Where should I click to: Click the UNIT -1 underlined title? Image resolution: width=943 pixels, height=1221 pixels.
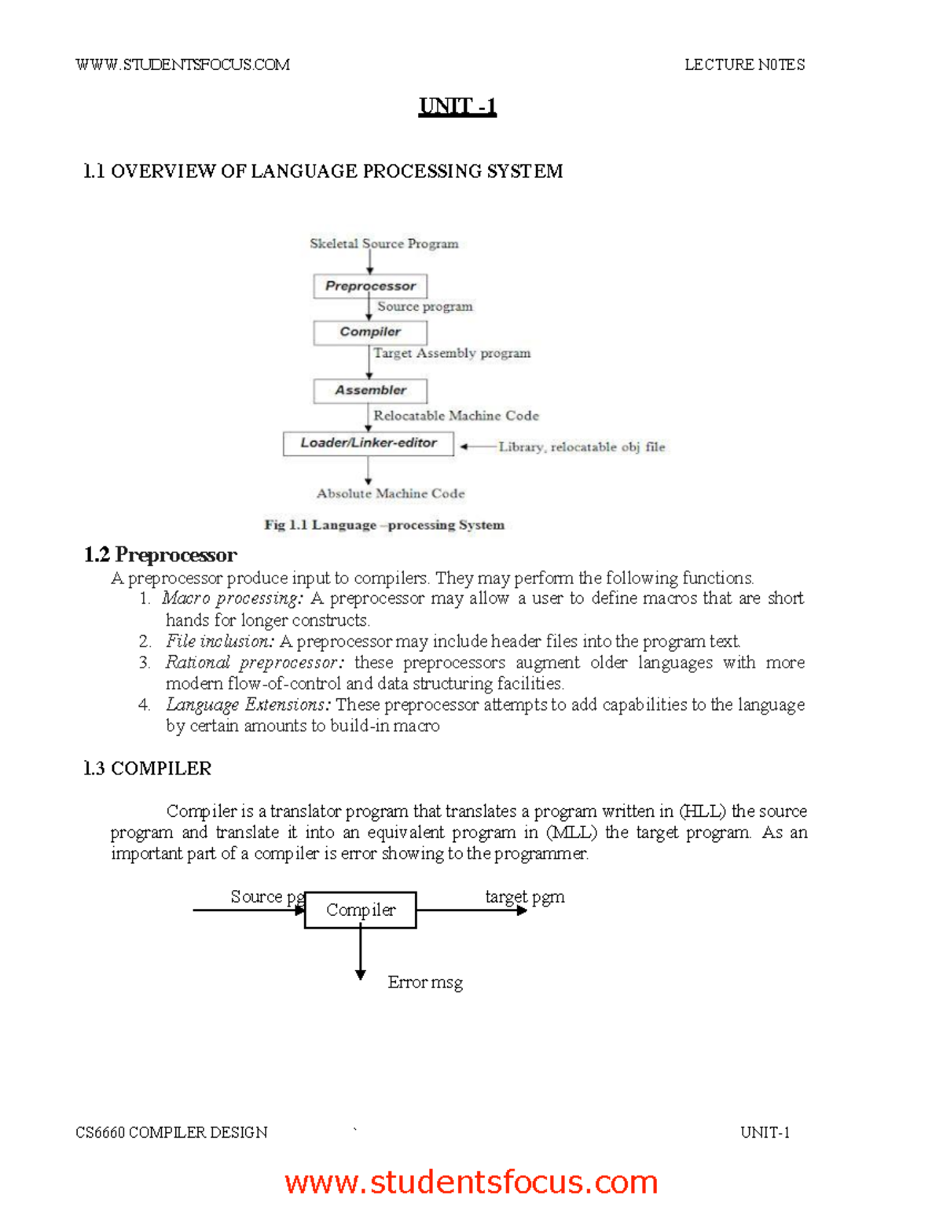pos(457,106)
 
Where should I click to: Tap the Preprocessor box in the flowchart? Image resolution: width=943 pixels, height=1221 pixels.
pos(370,286)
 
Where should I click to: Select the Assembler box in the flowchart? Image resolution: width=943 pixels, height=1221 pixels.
pos(370,391)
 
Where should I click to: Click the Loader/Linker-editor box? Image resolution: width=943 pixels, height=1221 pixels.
pos(368,443)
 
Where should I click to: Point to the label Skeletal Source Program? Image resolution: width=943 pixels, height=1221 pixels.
pos(383,244)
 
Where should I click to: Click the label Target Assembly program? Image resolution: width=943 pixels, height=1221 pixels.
pos(452,353)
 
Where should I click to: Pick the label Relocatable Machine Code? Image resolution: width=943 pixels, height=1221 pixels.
pos(456,415)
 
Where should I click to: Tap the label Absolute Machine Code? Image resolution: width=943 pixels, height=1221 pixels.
pos(391,494)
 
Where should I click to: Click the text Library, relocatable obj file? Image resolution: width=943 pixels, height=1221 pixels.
pos(582,447)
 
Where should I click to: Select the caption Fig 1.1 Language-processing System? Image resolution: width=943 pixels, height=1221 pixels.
pos(384,524)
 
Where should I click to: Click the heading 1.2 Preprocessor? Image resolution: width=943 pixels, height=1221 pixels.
pos(160,555)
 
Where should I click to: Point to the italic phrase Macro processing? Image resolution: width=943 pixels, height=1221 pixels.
pos(232,598)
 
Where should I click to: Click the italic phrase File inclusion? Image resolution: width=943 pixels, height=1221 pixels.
pos(219,641)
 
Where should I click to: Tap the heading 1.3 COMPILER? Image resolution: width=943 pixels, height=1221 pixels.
pos(147,768)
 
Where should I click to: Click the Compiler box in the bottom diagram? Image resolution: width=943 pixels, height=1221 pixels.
pos(360,910)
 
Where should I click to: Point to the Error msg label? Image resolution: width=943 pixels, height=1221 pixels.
pos(425,982)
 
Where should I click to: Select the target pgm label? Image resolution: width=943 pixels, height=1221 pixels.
pos(524,896)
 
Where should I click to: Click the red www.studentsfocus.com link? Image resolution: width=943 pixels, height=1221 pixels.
pos(471,1182)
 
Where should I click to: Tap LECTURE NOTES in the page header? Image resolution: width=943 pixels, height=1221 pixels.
pos(744,64)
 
